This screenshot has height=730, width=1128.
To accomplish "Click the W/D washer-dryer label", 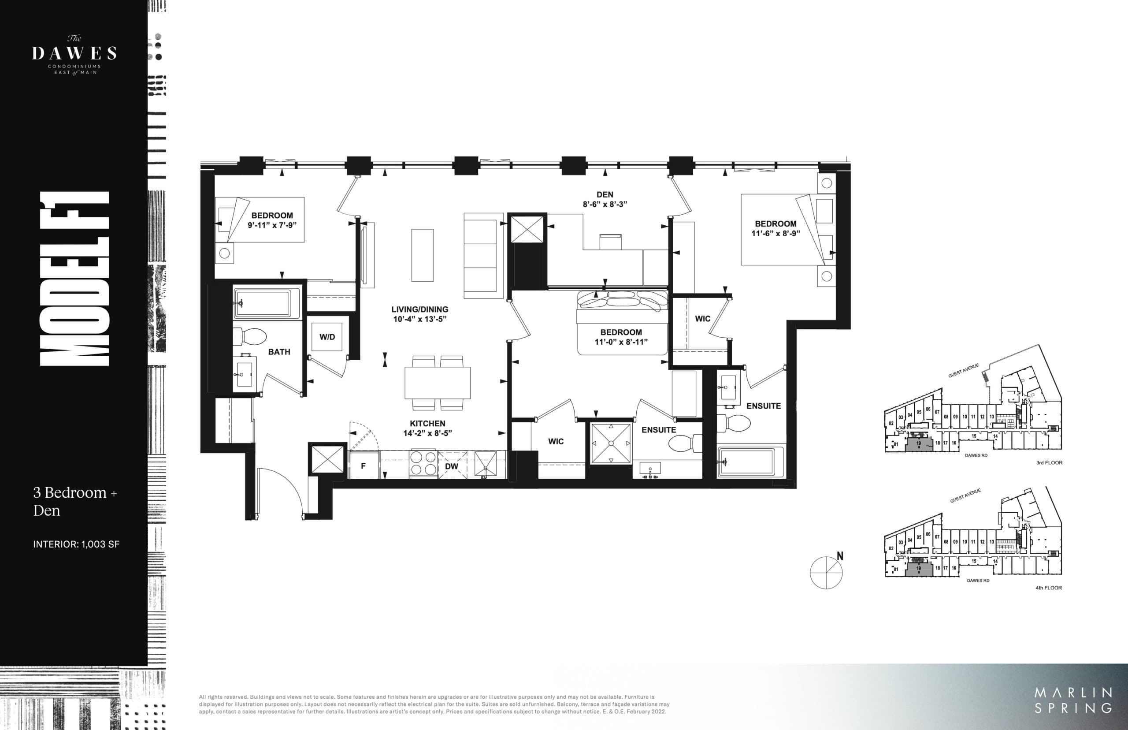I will [x=327, y=337].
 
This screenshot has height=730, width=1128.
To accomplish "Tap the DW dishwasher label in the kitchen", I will [x=452, y=466].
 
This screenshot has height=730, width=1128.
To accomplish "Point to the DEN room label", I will [x=605, y=194].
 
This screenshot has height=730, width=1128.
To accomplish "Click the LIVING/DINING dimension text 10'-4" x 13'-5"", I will [x=419, y=319].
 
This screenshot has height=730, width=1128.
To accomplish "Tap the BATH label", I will [x=279, y=352].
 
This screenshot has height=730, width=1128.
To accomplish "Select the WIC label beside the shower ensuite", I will [x=556, y=441].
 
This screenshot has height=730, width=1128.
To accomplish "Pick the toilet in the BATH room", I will [x=250, y=336].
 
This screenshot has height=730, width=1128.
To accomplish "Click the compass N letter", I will [x=840, y=556].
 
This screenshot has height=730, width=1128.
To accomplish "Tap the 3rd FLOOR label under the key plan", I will [x=1049, y=463].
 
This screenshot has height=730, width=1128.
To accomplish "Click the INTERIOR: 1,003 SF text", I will [x=76, y=544].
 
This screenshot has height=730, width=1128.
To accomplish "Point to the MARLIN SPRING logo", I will [x=1073, y=700].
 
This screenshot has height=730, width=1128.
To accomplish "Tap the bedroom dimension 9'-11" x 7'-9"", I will [x=272, y=225].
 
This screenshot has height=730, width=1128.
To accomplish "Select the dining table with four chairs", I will [x=437, y=383].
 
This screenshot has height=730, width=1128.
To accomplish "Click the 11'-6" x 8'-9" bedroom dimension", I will [x=775, y=233].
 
